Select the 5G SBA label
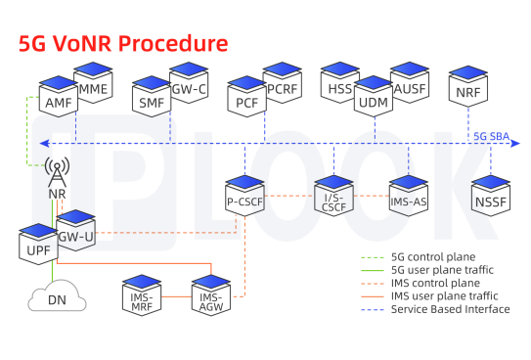pos(491,136)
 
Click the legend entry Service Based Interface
pos(450,309)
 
